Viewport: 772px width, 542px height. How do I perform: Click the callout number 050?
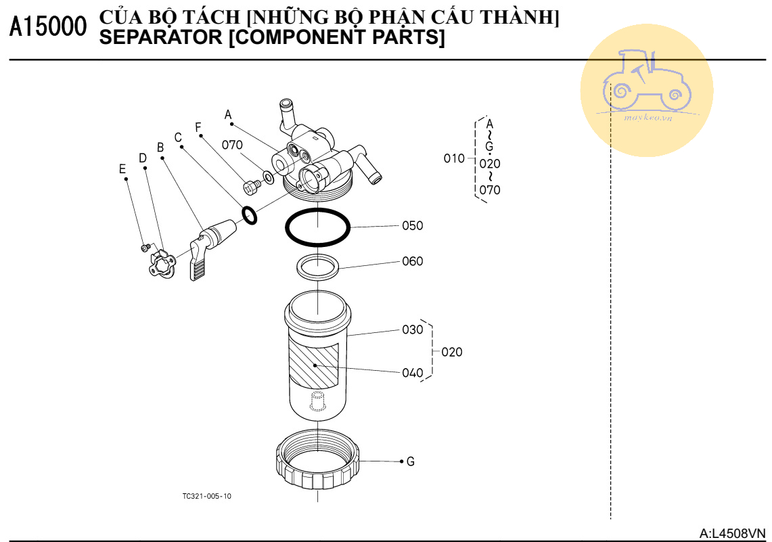click(412, 225)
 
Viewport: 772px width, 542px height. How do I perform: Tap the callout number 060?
click(412, 261)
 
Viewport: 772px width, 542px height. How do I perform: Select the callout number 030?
click(412, 330)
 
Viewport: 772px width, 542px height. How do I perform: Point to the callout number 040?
click(412, 373)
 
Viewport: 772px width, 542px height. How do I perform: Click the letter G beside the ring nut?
click(410, 461)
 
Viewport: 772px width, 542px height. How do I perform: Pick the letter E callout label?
click(122, 169)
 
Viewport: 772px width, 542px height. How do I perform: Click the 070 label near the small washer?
click(232, 145)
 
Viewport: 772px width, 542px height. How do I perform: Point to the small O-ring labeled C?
click(249, 215)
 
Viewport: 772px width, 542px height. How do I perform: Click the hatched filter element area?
click(315, 365)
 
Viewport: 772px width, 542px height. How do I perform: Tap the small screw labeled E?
click(145, 248)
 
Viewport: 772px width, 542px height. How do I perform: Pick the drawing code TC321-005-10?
click(206, 496)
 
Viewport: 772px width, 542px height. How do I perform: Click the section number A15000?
click(49, 28)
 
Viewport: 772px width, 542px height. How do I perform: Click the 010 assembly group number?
click(454, 158)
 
